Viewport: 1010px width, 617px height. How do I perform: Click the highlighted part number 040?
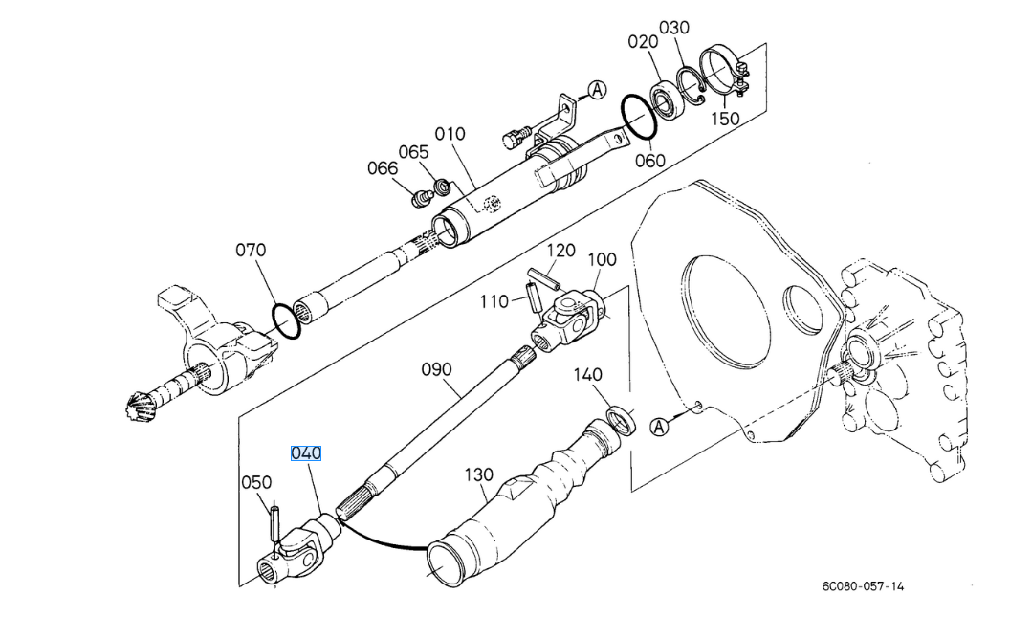306,452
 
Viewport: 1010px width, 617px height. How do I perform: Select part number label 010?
450,134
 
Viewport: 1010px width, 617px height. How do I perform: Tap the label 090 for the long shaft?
436,370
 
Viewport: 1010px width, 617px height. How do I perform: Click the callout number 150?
725,119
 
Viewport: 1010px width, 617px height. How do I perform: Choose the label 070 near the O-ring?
251,251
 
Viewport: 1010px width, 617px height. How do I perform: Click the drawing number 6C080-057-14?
862,585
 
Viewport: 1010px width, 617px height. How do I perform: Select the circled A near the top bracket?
597,90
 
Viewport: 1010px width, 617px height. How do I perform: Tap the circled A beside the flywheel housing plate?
659,427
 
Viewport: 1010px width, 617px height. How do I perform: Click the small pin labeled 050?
273,526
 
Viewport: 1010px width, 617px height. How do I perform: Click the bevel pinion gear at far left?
139,407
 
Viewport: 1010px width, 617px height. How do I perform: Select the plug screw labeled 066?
420,199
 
